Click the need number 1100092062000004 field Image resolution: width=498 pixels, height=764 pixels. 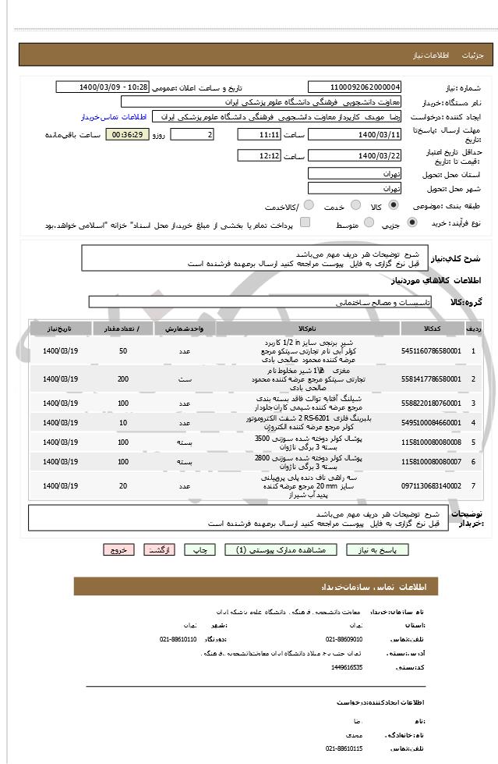(x=355, y=87)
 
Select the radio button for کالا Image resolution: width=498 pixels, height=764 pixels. (x=394, y=205)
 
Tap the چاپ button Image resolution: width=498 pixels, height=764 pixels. (x=203, y=549)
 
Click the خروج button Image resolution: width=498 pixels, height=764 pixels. (x=118, y=549)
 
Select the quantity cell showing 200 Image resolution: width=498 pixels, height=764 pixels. (x=123, y=378)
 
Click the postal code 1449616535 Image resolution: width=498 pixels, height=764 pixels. (x=347, y=668)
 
